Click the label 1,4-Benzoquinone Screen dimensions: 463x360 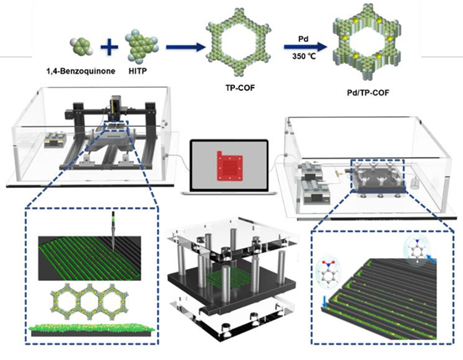pyautogui.click(x=80, y=71)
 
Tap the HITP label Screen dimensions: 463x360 pyautogui.click(x=138, y=71)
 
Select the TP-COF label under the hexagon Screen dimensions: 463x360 pyautogui.click(x=240, y=88)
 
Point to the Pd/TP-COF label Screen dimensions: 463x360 pyautogui.click(x=368, y=93)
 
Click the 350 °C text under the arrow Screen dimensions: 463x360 pyautogui.click(x=304, y=56)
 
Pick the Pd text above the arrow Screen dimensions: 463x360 pyautogui.click(x=303, y=39)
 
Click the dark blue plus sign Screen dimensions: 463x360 pyautogui.click(x=109, y=47)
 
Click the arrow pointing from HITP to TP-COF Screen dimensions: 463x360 pyautogui.click(x=186, y=48)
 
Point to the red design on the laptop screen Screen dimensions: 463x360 pyautogui.click(x=230, y=166)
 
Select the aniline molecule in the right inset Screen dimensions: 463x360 pyautogui.click(x=416, y=251)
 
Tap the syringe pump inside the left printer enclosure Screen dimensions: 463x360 pyautogui.click(x=55, y=139)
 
